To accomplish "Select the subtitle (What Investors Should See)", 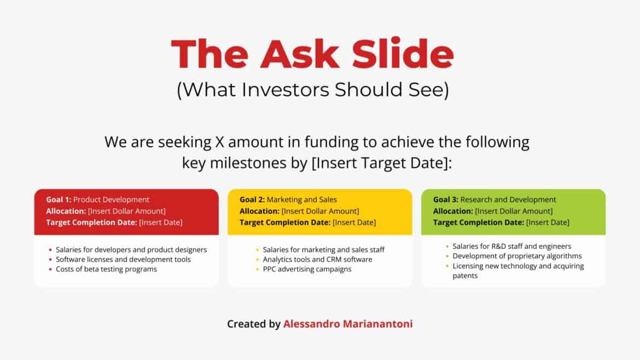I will click(312, 90).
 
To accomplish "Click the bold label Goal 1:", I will click(59, 200).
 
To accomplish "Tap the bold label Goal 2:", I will click(252, 200).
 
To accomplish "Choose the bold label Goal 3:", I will click(446, 200).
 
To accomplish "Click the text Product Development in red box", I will click(111, 200).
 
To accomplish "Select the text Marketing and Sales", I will click(302, 200).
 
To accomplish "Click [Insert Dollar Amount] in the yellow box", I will click(320, 211).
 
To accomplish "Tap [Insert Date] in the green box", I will click(548, 223).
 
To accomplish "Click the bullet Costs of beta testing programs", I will click(106, 269).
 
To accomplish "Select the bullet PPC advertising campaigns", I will click(307, 269).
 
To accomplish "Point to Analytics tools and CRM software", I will click(317, 259).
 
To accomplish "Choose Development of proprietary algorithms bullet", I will click(517, 256).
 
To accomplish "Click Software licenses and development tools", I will click(123, 259).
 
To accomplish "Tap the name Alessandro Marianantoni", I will click(348, 324).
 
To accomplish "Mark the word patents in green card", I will click(465, 276).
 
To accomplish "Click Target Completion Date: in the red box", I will click(91, 223).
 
